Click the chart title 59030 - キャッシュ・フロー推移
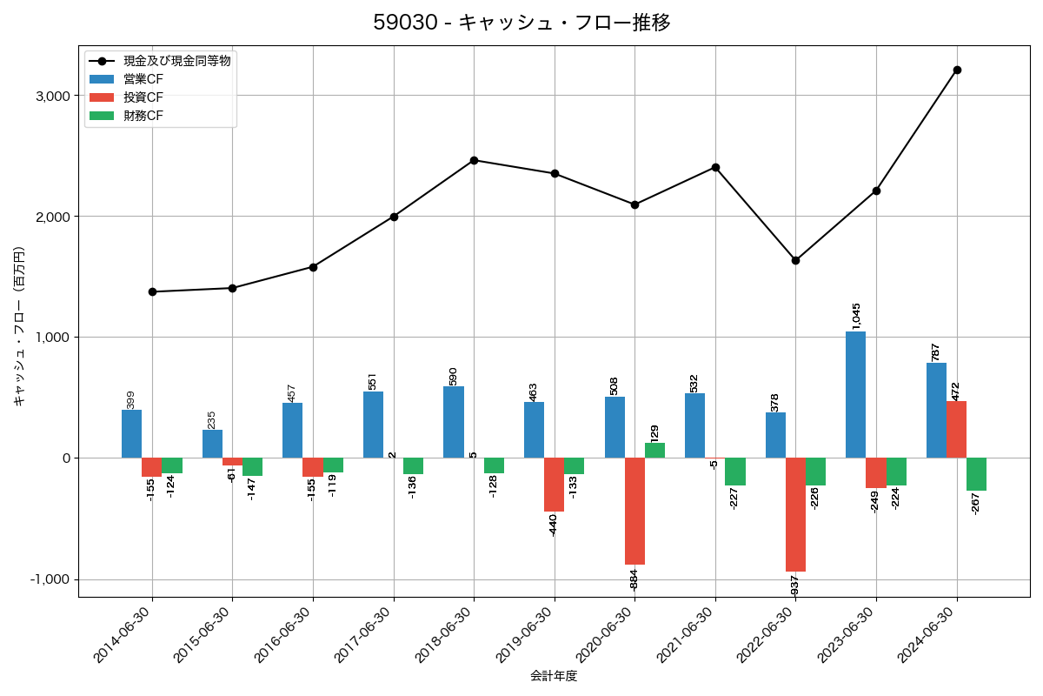521,23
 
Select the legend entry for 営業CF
143,79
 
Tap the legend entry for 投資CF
143,97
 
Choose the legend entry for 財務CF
143,115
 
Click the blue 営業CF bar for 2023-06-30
855,395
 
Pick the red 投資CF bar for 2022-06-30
795,514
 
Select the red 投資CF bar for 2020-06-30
634,511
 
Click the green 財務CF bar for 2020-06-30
654,451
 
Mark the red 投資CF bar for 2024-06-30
956,430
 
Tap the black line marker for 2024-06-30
957,70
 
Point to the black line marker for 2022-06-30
795,260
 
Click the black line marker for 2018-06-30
474,160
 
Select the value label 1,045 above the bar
856,316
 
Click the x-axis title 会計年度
554,676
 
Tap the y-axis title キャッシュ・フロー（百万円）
19,327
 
